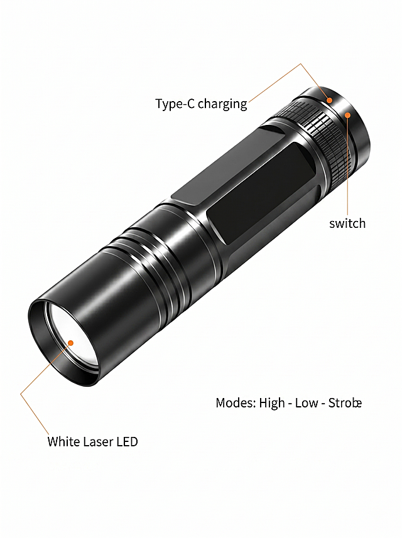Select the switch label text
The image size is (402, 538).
(347, 223)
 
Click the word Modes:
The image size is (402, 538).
(236, 403)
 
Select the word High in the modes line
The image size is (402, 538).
(272, 403)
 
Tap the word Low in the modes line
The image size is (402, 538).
(307, 403)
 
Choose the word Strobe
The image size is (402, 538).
(345, 403)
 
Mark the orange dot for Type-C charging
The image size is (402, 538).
(330, 100)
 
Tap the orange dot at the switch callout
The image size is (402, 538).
(348, 116)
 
